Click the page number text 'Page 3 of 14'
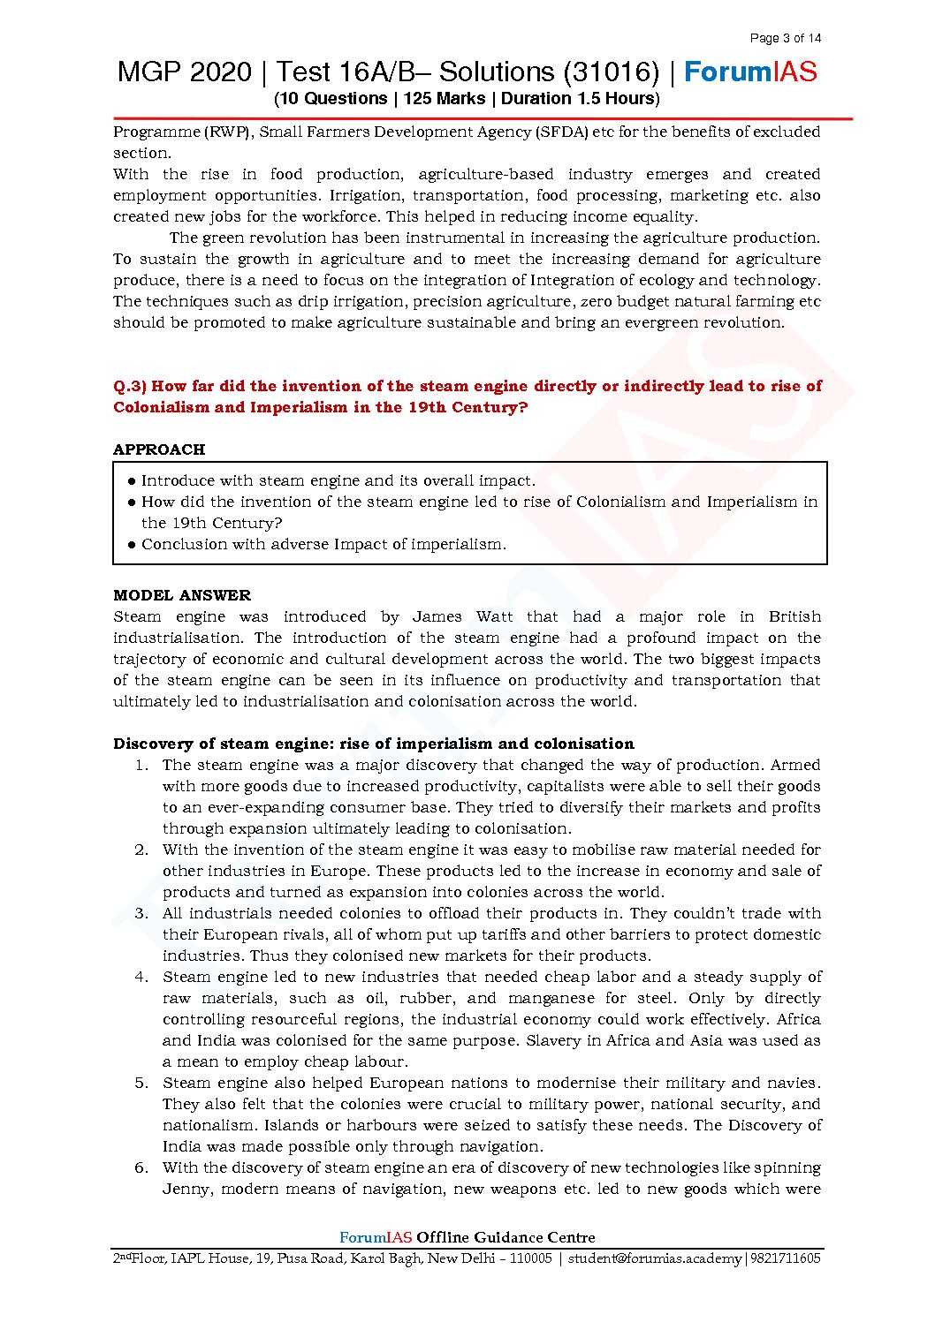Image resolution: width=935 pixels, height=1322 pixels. [x=785, y=38]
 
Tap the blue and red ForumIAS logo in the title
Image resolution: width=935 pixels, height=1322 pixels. [x=750, y=72]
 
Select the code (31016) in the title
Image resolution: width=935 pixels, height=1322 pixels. [x=611, y=72]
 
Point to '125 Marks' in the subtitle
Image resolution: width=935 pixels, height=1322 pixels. [x=445, y=99]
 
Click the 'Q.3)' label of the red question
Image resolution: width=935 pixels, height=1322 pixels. [x=130, y=386]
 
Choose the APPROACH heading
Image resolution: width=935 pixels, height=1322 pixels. [x=159, y=449]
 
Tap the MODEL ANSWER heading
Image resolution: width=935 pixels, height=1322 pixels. [x=182, y=595]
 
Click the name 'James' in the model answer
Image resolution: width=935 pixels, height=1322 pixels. [x=437, y=616]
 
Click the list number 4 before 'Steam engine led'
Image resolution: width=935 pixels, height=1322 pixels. [x=141, y=977]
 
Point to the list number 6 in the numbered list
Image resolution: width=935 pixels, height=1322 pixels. [x=141, y=1167]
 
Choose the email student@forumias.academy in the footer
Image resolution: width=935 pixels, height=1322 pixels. [x=654, y=1258]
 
